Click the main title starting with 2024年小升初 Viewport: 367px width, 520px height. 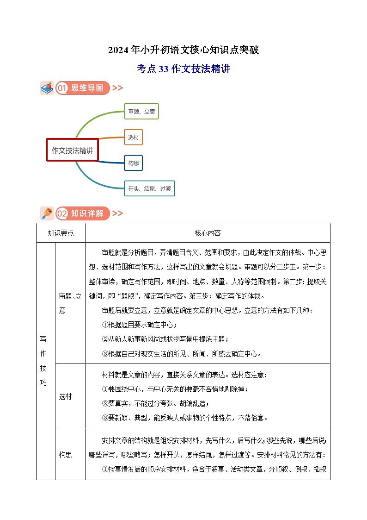click(x=183, y=50)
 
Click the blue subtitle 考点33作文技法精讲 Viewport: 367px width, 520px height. click(x=183, y=69)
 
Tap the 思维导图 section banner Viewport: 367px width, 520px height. click(x=83, y=88)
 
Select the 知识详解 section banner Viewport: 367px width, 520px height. click(x=83, y=213)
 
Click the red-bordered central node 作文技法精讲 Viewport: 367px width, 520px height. click(x=72, y=150)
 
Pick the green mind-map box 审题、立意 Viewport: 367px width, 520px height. click(x=141, y=112)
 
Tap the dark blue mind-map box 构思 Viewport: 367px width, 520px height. click(x=133, y=163)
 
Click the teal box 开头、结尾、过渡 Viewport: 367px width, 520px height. click(x=149, y=188)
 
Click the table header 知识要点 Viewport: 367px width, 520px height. click(x=61, y=233)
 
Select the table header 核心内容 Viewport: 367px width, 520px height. click(x=208, y=233)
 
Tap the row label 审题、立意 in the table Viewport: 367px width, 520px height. click(x=70, y=303)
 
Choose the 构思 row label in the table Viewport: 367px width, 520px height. click(x=65, y=455)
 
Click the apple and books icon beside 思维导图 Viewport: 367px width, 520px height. click(x=47, y=88)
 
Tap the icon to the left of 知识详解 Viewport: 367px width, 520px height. click(x=47, y=213)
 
